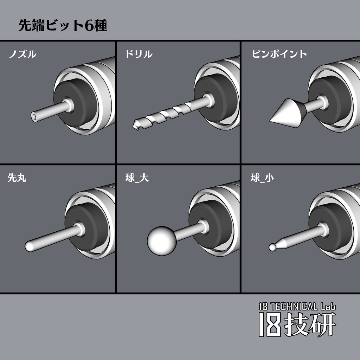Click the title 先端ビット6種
pos(63,26)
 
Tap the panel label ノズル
pos(22,54)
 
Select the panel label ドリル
pos(139,54)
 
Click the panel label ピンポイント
pos(279,54)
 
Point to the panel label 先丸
pos(17,178)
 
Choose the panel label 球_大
pos(137,178)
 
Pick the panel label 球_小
pos(262,178)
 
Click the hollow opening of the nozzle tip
pos(34,116)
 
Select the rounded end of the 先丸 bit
pos(29,246)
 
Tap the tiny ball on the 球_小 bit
pos(272,247)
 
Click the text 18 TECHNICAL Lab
pos(297,307)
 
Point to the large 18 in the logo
pos(270,324)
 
